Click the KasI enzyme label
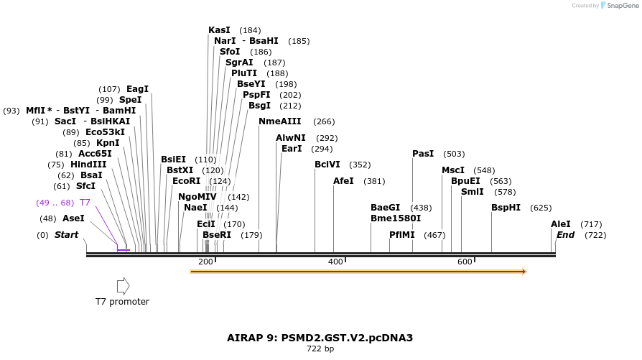[x=219, y=30]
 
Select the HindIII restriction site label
[x=88, y=165]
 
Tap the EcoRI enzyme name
[x=186, y=181]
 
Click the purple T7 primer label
[x=85, y=203]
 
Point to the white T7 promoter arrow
[x=123, y=286]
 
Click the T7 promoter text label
[x=123, y=302]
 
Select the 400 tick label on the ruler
[x=335, y=262]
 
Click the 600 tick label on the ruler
[x=465, y=262]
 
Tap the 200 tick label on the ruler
[x=205, y=262]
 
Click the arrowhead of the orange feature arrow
[x=524, y=272]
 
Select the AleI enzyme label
[x=560, y=224]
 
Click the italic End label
[x=565, y=235]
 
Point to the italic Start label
[x=66, y=235]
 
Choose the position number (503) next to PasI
[x=454, y=154]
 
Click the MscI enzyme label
[x=452, y=170]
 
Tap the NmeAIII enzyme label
[x=279, y=121]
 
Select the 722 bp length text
[x=320, y=349]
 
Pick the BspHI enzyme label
[x=506, y=208]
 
